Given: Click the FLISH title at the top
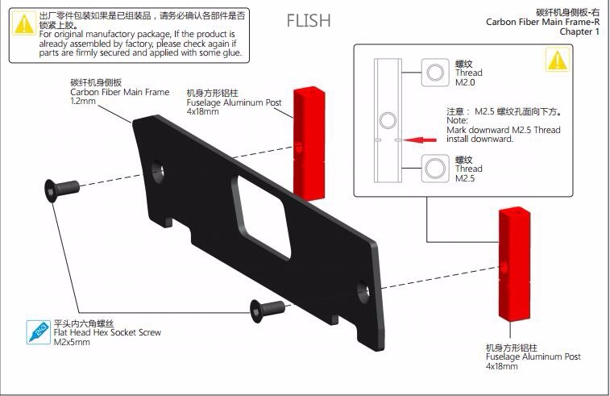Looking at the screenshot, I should tap(309, 20).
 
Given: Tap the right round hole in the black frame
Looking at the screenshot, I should tap(363, 287).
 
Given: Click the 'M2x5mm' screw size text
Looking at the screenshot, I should tap(72, 342).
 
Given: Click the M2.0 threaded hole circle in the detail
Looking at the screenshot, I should tap(436, 72).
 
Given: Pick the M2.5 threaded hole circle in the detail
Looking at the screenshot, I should tap(436, 168).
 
